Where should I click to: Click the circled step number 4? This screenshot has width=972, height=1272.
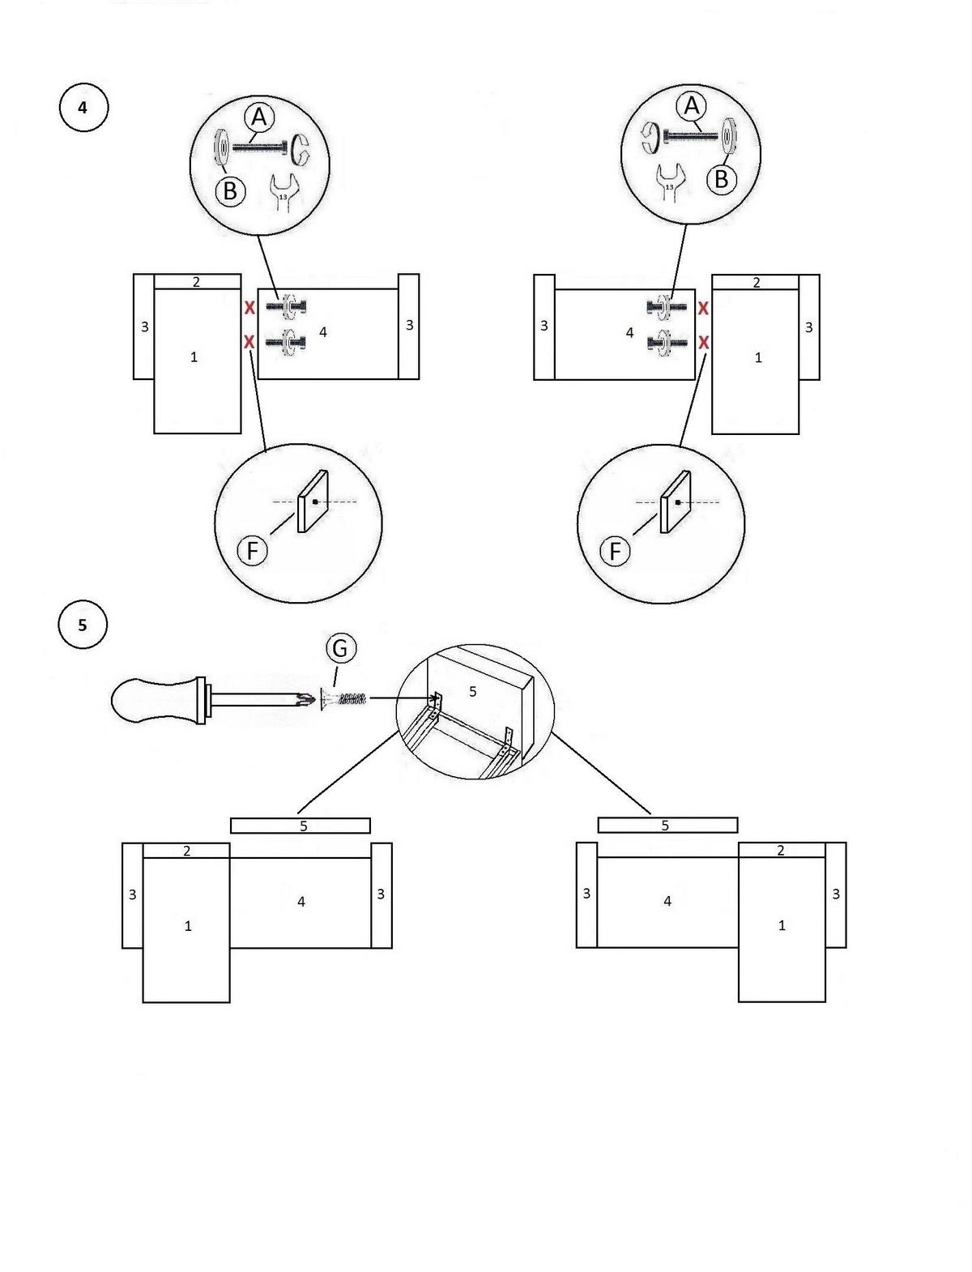click(x=83, y=108)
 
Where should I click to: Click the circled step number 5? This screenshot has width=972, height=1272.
click(x=83, y=625)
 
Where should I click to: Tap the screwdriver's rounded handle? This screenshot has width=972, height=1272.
click(x=155, y=700)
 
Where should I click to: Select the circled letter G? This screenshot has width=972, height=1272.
click(x=340, y=647)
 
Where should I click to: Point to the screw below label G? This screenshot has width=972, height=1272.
click(x=343, y=700)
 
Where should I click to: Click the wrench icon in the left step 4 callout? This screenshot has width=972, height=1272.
click(x=283, y=191)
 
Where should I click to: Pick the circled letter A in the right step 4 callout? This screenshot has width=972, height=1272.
click(x=692, y=106)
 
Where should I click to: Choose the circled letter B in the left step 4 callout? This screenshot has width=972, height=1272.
click(x=230, y=190)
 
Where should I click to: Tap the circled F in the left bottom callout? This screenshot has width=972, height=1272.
click(x=253, y=550)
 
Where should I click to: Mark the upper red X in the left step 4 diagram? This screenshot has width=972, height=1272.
click(x=249, y=307)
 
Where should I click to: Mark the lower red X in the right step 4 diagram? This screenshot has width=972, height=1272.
click(x=703, y=343)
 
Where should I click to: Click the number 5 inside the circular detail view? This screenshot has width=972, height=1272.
click(x=473, y=691)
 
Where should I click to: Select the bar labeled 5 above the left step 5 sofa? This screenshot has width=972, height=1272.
click(x=300, y=826)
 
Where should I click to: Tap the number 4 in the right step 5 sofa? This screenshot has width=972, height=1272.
click(x=667, y=901)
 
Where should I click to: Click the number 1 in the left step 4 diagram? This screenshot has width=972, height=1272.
click(x=194, y=357)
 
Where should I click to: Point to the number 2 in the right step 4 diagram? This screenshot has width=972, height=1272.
click(x=757, y=283)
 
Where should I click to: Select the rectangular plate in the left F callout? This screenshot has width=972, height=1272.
click(x=313, y=501)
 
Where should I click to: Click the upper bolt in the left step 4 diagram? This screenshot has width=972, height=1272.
click(x=286, y=306)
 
